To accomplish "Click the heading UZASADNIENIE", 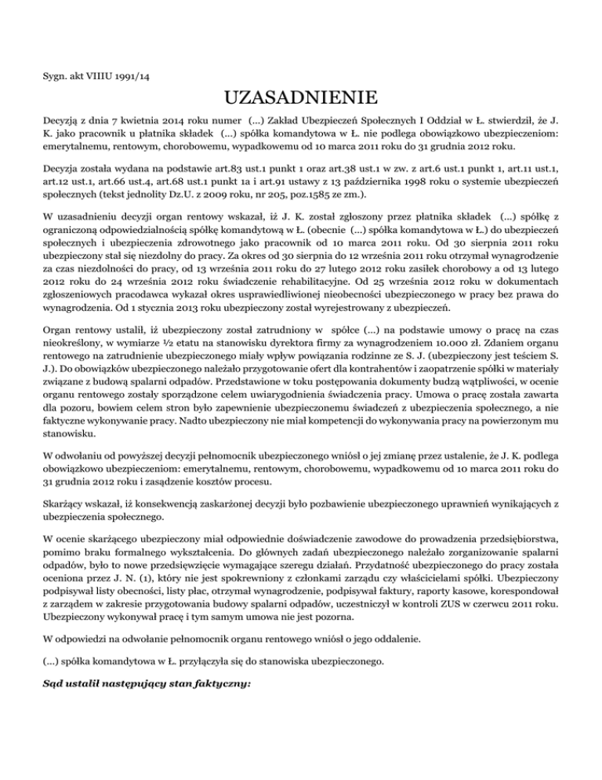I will (300, 99).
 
